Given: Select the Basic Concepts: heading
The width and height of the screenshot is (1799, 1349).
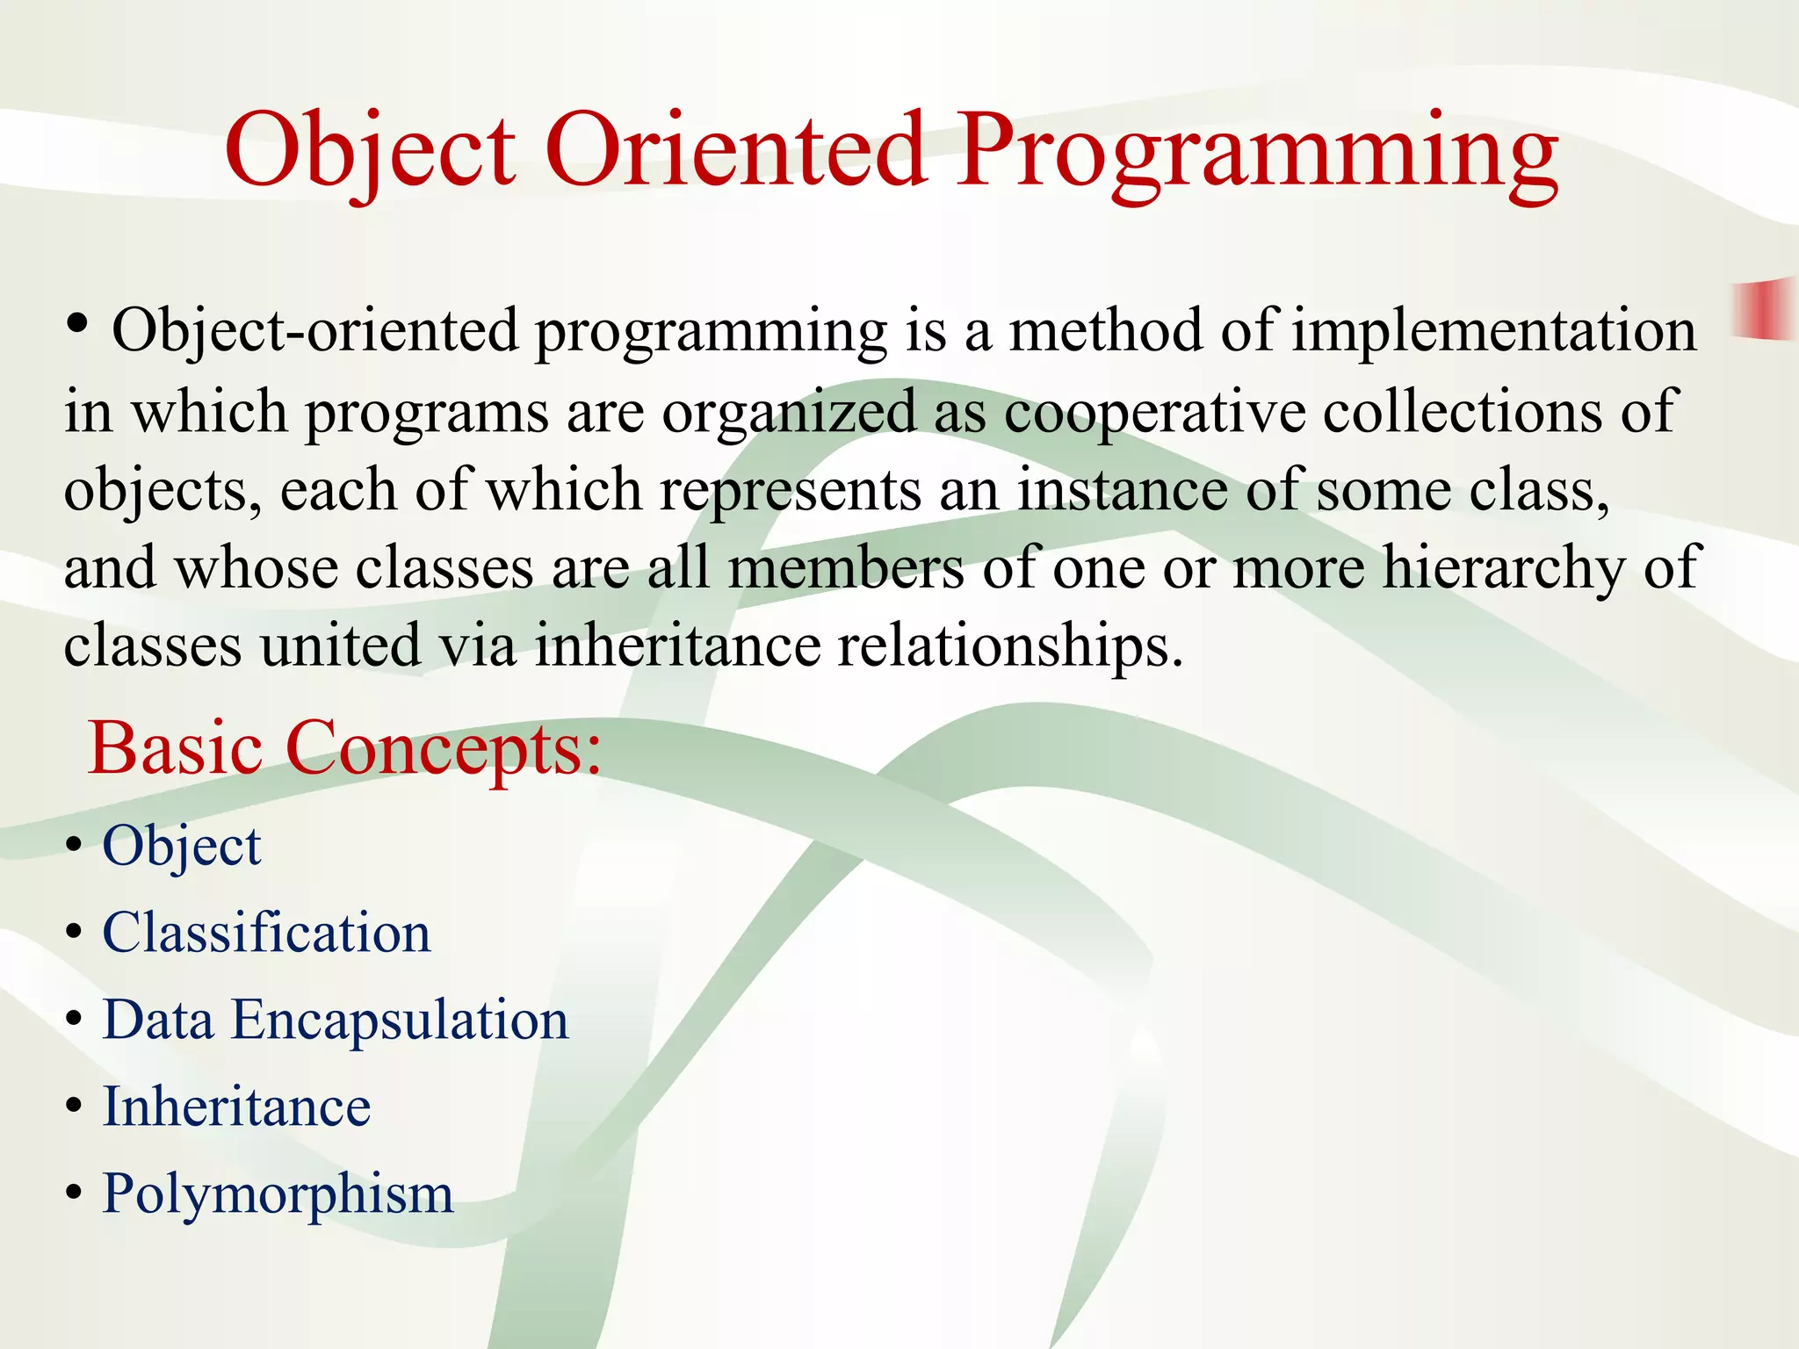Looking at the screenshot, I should click(345, 748).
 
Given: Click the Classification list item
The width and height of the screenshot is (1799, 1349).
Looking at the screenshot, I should click(266, 933).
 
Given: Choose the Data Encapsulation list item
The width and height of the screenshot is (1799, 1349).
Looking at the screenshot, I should click(335, 1020).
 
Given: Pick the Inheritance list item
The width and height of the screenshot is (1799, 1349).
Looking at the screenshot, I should click(236, 1107).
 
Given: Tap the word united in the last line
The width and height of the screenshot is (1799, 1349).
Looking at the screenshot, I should click(340, 646).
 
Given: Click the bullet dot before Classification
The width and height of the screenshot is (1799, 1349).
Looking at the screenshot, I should click(75, 933).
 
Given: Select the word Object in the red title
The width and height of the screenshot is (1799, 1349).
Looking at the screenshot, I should click(370, 151).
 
